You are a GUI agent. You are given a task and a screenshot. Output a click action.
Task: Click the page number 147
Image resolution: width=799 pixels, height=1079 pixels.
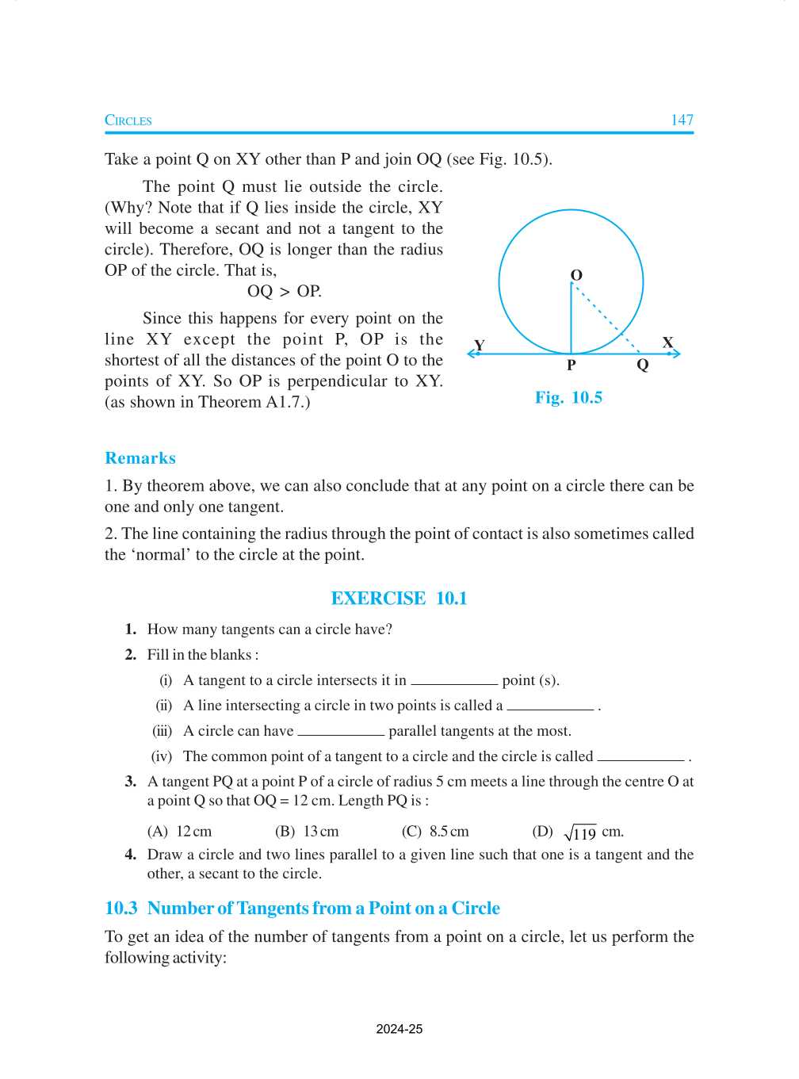[x=682, y=120]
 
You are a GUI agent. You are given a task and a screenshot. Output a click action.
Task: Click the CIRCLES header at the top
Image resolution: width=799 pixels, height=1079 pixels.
[x=128, y=121]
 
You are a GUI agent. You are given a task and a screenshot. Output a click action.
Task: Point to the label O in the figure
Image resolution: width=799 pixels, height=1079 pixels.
[x=576, y=275]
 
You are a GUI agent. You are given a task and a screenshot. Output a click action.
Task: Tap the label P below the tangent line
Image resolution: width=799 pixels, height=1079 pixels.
[x=571, y=365]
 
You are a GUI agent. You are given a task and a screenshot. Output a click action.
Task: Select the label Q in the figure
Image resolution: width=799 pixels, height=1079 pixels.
[x=642, y=365]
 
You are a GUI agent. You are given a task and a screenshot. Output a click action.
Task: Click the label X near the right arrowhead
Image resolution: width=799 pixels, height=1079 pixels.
[x=667, y=342]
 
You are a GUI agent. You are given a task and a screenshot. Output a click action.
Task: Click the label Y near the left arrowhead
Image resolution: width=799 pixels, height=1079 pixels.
[x=479, y=346]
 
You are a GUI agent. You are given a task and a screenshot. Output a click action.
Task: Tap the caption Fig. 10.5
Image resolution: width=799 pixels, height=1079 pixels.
[x=568, y=397]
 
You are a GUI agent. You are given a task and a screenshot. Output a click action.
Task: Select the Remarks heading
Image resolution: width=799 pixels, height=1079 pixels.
[x=140, y=458]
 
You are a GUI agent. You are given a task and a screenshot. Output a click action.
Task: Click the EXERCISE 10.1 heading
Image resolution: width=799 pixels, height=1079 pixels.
[x=399, y=599]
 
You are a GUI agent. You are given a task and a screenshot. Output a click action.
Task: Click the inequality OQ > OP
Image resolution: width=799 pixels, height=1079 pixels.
[x=284, y=291]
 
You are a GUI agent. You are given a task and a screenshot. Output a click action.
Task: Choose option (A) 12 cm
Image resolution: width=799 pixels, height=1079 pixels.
[x=180, y=832]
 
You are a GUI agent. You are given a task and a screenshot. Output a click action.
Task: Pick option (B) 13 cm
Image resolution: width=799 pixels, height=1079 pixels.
[x=307, y=832]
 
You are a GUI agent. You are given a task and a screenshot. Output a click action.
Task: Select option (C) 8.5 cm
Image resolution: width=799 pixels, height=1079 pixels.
[x=435, y=832]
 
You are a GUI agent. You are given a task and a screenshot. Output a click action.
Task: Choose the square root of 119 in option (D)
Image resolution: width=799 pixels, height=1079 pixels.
[x=580, y=832]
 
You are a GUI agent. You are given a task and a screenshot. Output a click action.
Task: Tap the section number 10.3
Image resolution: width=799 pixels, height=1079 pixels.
[x=121, y=909]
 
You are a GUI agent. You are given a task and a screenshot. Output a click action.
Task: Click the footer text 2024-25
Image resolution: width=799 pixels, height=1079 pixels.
[x=399, y=1029]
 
